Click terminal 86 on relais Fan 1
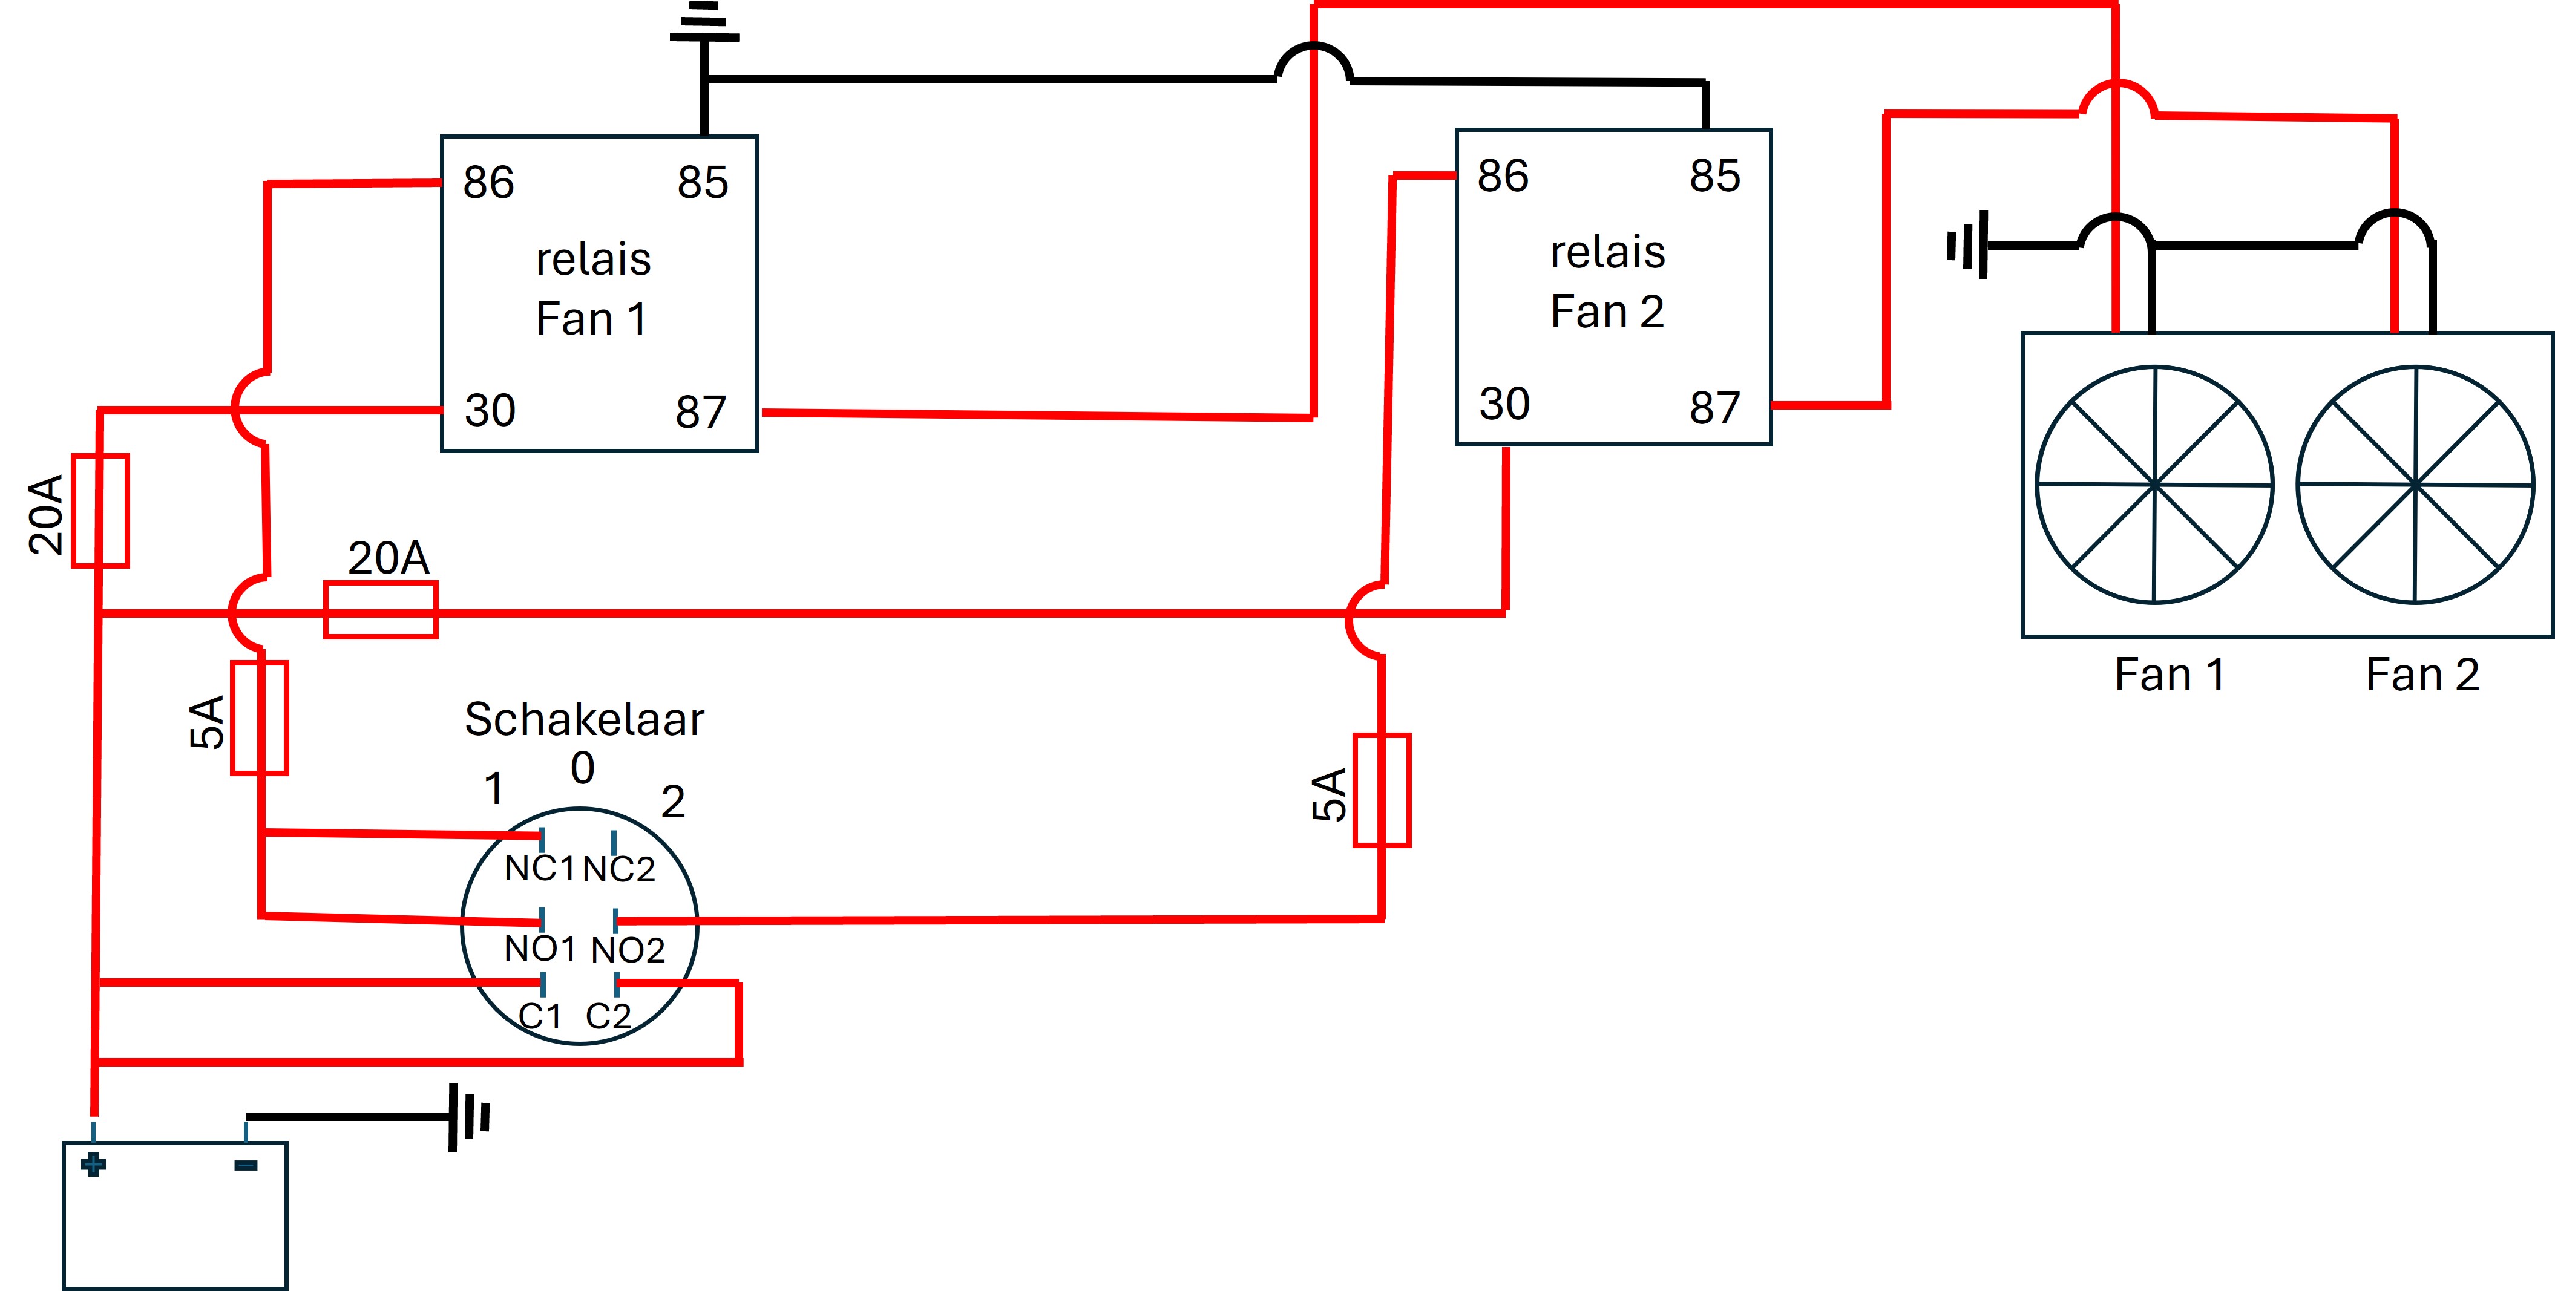[488, 183]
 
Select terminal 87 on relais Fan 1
[701, 411]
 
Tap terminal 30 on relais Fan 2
[1504, 404]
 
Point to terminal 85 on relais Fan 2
[1715, 175]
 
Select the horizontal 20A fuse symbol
[381, 610]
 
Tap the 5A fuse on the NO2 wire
[1382, 790]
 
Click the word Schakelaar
[584, 719]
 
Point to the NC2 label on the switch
[619, 869]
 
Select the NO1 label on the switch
[540, 949]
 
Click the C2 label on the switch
[608, 1016]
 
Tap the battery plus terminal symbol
[93, 1164]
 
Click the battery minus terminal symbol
[246, 1165]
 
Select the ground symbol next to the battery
[469, 1117]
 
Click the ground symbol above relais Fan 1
[704, 22]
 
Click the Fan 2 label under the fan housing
[2422, 675]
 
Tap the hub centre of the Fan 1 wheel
[2154, 485]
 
